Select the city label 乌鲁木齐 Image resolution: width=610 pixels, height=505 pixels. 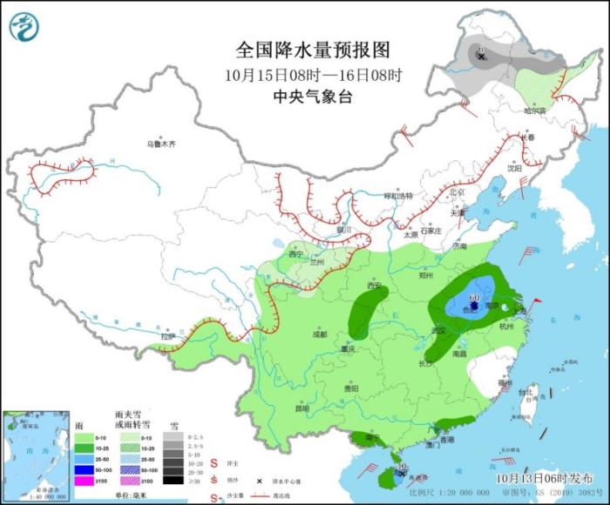pos(160,144)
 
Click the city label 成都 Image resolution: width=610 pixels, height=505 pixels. pos(319,333)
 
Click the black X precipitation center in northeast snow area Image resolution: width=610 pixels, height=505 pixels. pos(480,56)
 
